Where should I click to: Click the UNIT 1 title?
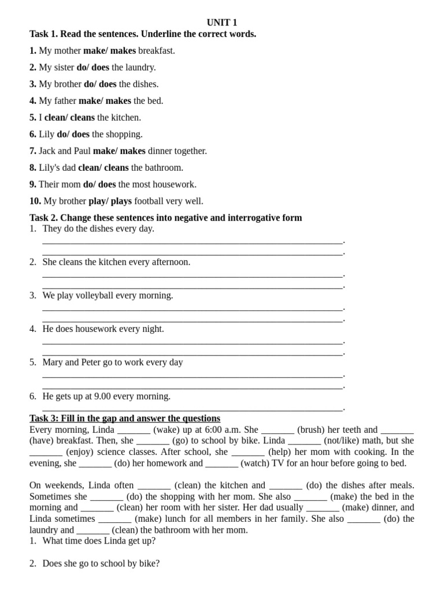pyautogui.click(x=222, y=23)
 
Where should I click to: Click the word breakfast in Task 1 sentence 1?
pyautogui.click(x=156, y=51)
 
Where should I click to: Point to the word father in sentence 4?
pyautogui.click(x=65, y=101)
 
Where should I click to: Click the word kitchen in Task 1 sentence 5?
pyautogui.click(x=125, y=118)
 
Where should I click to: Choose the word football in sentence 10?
pyautogui.click(x=152, y=201)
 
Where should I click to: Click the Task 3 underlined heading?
pyautogui.click(x=125, y=418)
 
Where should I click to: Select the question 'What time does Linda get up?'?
pyautogui.click(x=99, y=541)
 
